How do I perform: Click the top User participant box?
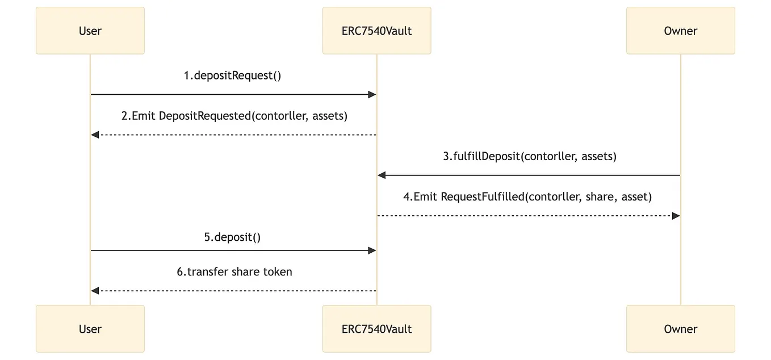90,31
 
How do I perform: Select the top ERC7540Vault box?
376,31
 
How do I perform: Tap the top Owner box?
680,31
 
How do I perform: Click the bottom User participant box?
90,329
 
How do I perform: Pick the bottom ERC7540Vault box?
376,329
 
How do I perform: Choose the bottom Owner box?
680,329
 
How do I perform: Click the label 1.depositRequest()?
233,76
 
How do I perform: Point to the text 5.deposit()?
233,237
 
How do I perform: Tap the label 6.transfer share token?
234,271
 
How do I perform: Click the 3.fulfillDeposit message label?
529,156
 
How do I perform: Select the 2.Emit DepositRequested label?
234,116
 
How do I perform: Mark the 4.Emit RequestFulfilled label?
527,196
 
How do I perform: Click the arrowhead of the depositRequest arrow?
372,95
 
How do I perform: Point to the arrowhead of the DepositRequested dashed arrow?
95,135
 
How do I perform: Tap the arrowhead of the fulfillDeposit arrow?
382,175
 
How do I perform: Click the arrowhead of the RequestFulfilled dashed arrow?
676,216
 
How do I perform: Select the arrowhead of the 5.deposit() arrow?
372,250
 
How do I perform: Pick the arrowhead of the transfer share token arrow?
95,291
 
